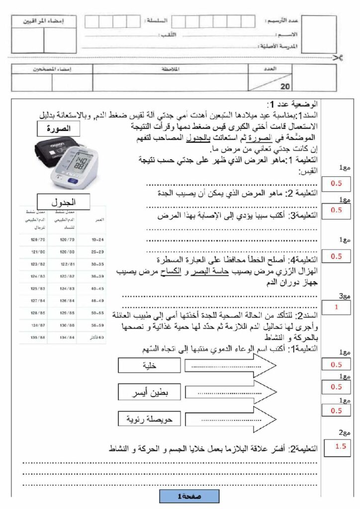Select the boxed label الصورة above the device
[x=62, y=129]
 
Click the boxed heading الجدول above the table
[x=64, y=202]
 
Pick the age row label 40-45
[x=98, y=288]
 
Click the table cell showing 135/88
[x=37, y=337]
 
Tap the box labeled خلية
[x=149, y=365]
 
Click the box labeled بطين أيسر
[x=149, y=393]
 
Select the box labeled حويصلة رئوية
[x=149, y=420]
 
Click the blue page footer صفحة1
[x=189, y=496]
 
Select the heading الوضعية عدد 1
[x=292, y=105]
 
